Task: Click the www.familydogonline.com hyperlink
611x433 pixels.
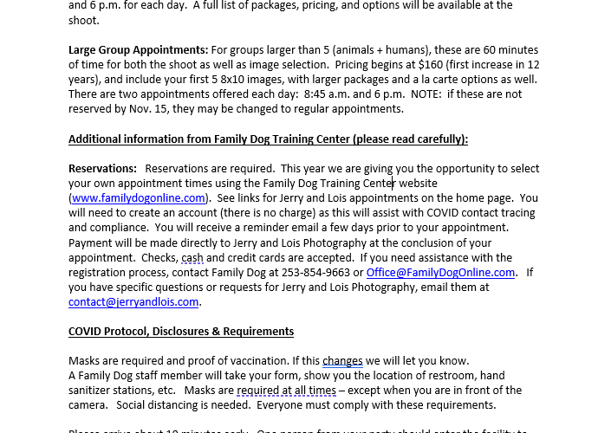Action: tap(138, 197)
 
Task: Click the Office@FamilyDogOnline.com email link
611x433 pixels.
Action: tap(440, 272)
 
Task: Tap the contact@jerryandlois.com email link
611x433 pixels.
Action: tap(133, 301)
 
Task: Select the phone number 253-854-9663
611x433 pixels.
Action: tap(315, 272)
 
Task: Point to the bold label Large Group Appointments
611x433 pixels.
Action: tap(138, 49)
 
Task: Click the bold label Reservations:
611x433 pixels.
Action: tap(102, 168)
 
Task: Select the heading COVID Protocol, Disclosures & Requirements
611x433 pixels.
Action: tap(180, 331)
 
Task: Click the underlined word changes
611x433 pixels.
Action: tap(342, 360)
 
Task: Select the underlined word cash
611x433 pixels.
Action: tap(192, 257)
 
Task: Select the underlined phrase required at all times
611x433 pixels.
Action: tap(274, 390)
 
